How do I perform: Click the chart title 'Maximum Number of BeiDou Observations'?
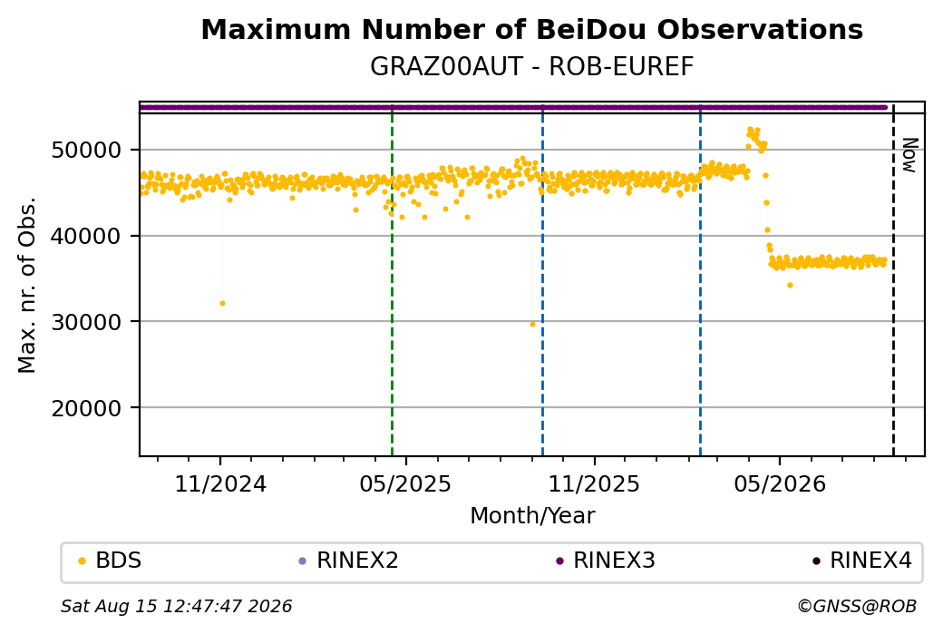pyautogui.click(x=531, y=29)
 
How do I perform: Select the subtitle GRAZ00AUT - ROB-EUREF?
pyautogui.click(x=531, y=66)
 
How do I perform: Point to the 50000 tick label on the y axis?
pyautogui.click(x=87, y=150)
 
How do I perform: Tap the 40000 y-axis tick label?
pyautogui.click(x=87, y=236)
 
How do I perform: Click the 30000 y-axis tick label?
pyautogui.click(x=87, y=322)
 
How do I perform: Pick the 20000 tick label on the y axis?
pyautogui.click(x=87, y=408)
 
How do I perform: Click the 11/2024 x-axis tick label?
pyautogui.click(x=220, y=483)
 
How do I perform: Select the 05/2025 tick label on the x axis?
pyautogui.click(x=405, y=483)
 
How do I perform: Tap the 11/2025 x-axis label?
pyautogui.click(x=594, y=483)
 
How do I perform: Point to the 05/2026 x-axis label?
pyautogui.click(x=780, y=483)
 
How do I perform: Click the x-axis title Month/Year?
pyautogui.click(x=532, y=515)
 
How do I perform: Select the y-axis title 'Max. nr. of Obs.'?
pyautogui.click(x=27, y=285)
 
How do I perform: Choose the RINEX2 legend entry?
pyautogui.click(x=349, y=561)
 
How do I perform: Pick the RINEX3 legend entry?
pyautogui.click(x=606, y=561)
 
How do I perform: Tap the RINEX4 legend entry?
pyautogui.click(x=862, y=561)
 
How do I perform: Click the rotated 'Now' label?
pyautogui.click(x=910, y=155)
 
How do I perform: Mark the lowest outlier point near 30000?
pyautogui.click(x=532, y=324)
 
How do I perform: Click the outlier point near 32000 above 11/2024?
pyautogui.click(x=222, y=304)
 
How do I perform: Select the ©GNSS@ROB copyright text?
pyautogui.click(x=857, y=606)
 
